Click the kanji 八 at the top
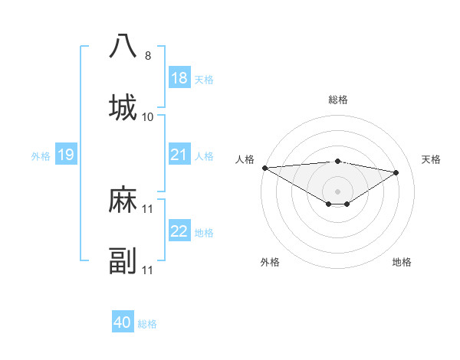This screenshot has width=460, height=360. click(123, 46)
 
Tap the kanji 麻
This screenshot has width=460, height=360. click(123, 201)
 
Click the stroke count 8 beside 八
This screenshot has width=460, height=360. click(148, 56)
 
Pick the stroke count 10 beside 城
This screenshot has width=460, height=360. click(148, 117)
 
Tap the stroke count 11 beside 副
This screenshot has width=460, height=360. click(148, 270)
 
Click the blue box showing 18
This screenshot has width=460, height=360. click(179, 78)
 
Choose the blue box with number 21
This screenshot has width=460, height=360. click(179, 155)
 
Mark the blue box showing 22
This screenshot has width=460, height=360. click(179, 232)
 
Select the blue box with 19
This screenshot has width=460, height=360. click(65, 155)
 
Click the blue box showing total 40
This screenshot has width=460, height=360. click(123, 323)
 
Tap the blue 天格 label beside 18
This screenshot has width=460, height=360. click(204, 79)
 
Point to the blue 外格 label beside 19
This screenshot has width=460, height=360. click(41, 156)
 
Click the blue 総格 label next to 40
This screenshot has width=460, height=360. click(147, 324)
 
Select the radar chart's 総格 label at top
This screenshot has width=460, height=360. click(337, 100)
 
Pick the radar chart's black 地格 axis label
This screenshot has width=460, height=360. click(402, 263)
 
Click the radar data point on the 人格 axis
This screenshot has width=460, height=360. click(264, 168)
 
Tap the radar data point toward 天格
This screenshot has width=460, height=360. click(396, 172)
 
